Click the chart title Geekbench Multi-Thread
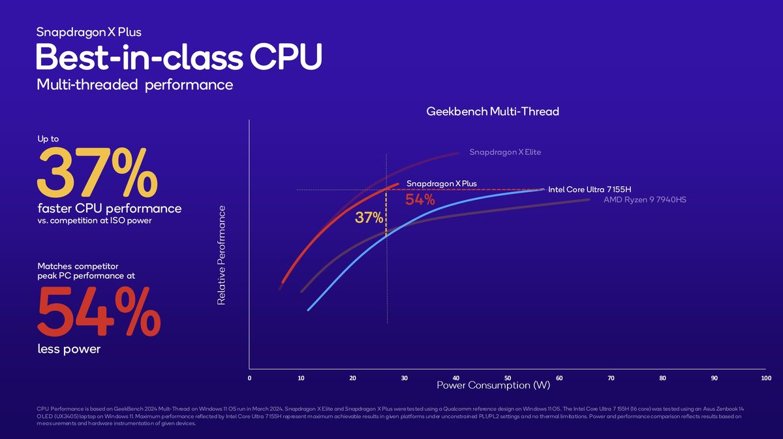click(492, 112)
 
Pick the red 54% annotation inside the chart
click(420, 200)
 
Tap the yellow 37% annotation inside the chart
click(369, 218)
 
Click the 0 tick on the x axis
click(249, 378)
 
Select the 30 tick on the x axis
click(404, 378)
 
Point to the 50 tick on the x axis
click(508, 378)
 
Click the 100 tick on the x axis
click(765, 378)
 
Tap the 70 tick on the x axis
click(611, 378)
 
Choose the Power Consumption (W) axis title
click(493, 385)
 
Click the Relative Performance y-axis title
click(222, 255)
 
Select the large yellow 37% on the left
click(97, 172)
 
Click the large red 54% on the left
click(99, 312)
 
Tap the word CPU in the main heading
click(285, 57)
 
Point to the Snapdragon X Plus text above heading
click(89, 32)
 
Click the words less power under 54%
click(69, 349)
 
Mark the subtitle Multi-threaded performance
click(134, 84)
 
